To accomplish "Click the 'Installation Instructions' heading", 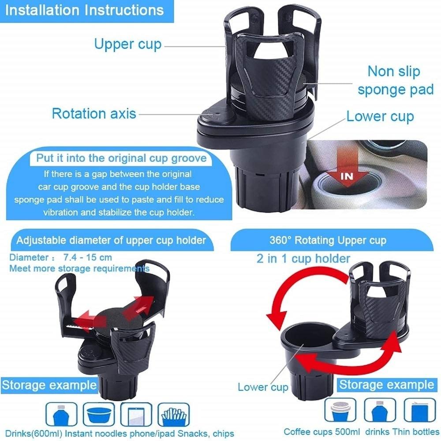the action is tap(84, 10).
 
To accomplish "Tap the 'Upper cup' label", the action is tap(128, 45).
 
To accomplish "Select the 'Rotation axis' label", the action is tap(94, 114).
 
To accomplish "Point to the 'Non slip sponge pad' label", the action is tap(396, 81).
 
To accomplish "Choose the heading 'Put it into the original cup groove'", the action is tap(122, 158).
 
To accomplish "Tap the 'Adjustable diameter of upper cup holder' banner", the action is tap(111, 240).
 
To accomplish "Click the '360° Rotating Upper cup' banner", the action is tap(328, 240).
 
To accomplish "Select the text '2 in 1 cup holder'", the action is tap(303, 258).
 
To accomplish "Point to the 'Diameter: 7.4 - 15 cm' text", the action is tap(60, 258).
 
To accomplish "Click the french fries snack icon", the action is tap(173, 414).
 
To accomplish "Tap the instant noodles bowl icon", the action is tap(99, 414).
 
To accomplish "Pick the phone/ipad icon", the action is tap(136, 414).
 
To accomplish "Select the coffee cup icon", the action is tap(340, 410).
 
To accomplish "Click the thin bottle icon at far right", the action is tap(420, 410).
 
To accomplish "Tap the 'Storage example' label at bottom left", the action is tap(49, 385).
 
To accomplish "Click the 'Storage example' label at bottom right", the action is tap(387, 385).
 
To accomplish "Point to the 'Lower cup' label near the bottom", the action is tap(263, 387).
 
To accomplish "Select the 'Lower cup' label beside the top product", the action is tap(380, 116).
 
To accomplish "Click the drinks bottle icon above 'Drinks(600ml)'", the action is tap(61, 414).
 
